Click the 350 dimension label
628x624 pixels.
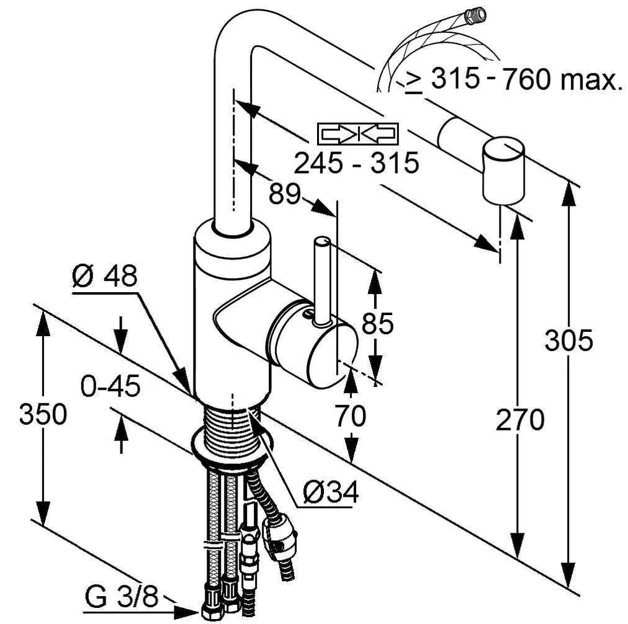42,414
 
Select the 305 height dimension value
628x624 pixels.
568,341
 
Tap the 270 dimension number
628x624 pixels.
519,420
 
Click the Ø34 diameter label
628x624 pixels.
331,493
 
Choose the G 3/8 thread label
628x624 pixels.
121,600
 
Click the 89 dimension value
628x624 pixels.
284,194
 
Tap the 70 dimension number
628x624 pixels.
351,416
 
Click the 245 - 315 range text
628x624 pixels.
356,164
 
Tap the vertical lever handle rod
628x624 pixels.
321,279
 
